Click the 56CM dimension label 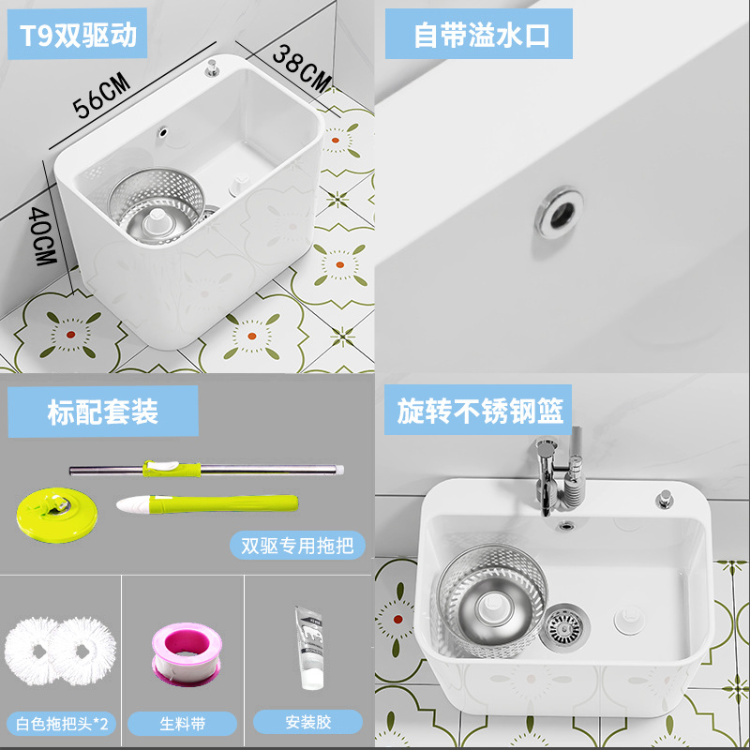101,96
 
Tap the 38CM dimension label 301,69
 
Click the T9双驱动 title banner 78,34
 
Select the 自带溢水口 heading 479,34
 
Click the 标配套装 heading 103,412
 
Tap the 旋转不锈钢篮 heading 478,410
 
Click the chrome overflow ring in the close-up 559,212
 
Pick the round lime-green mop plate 56,514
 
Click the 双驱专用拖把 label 297,546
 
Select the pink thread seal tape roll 187,653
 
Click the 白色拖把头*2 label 62,723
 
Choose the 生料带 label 182,723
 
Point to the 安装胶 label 308,722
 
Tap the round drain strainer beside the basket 564,627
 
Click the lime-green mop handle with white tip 207,504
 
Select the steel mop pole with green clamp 206,470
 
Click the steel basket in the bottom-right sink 491,600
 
